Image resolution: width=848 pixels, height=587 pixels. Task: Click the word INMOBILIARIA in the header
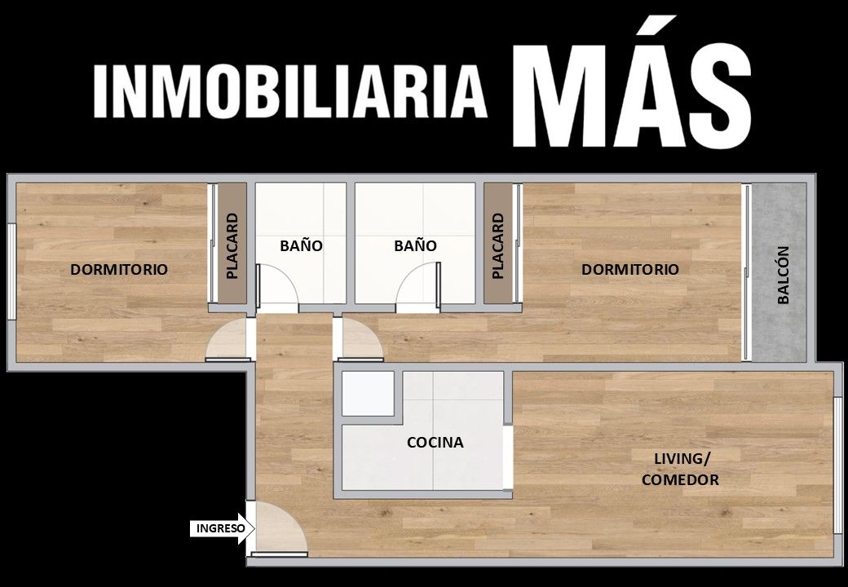point(290,92)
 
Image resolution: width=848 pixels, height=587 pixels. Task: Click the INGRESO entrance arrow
point(223,528)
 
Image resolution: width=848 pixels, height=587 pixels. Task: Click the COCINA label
point(435,443)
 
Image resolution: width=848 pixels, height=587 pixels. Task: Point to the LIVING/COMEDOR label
point(680,469)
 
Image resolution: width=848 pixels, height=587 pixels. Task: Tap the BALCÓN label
point(783,275)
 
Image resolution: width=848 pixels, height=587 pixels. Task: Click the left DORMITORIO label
point(119,269)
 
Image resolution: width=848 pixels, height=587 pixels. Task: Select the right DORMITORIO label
point(630,269)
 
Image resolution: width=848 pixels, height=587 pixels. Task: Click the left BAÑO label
point(301,246)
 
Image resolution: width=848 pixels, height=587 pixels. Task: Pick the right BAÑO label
point(415,246)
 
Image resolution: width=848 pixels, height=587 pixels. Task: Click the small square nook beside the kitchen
point(368,394)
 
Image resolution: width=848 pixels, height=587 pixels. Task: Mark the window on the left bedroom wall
point(11,271)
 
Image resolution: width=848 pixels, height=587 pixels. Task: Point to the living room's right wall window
point(837,475)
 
